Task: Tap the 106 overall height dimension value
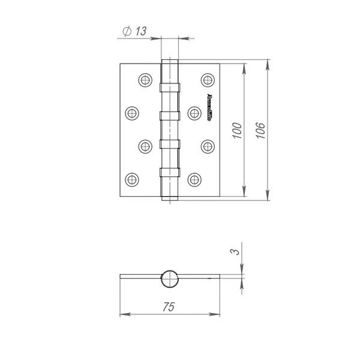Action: pos(259,130)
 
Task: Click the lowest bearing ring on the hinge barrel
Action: pos(170,173)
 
